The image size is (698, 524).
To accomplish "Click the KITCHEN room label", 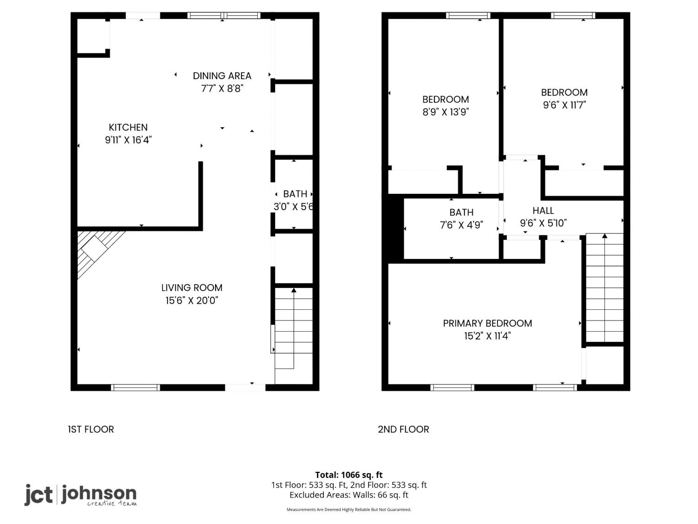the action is point(128,127).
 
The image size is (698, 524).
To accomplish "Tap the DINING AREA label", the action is point(222,76).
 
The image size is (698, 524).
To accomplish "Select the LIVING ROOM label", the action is point(192,287).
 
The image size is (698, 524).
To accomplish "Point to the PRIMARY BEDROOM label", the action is point(487,323).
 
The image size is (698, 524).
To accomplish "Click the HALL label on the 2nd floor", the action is point(543,211).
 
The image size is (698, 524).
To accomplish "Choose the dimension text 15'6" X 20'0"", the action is point(192,300).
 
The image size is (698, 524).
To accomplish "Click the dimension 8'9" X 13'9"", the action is point(445,112).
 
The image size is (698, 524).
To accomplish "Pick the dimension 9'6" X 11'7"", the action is point(564,105).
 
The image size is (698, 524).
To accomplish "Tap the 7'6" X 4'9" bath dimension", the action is point(462,225).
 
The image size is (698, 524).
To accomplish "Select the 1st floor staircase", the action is point(294,328).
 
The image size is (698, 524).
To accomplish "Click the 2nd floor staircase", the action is point(604,288).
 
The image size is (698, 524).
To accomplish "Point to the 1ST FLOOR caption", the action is point(91,429).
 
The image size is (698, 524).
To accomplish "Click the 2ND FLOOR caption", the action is point(403,429).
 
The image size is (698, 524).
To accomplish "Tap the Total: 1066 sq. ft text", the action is point(349,475).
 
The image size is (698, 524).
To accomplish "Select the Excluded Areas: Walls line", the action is point(349,495).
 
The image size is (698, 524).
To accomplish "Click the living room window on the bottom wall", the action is point(135,388).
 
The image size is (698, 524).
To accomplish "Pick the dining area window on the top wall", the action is point(224,15).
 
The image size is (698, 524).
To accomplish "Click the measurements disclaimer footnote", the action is point(349,510).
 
